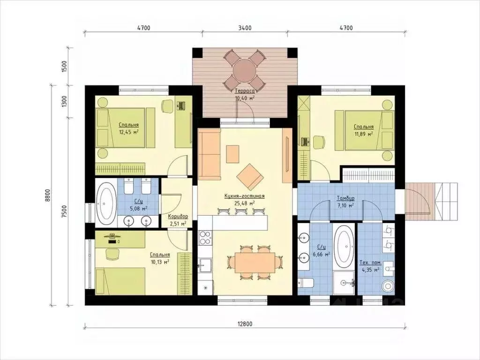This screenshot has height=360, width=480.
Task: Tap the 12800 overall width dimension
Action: point(245,324)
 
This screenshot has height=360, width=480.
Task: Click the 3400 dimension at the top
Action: point(245,28)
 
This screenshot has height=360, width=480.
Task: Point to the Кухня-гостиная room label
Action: point(245,196)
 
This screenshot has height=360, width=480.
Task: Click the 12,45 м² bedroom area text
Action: point(129,132)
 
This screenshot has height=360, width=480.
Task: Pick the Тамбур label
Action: point(345,198)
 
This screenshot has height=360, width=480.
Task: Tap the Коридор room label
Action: point(178,216)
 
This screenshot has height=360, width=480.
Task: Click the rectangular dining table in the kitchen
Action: point(255,262)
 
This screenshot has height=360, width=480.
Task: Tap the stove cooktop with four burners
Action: point(205,238)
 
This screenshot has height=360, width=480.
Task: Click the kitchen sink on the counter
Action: point(205,265)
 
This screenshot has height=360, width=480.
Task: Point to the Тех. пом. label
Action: point(370,263)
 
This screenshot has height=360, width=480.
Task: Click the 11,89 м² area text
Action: point(364,134)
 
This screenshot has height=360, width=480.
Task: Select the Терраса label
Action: point(245,91)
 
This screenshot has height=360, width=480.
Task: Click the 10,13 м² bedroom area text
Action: point(160,262)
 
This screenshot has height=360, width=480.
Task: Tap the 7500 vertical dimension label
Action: point(64,211)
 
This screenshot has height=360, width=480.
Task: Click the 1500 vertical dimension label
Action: point(64,67)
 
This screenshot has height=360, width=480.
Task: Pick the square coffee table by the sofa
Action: point(232,154)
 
